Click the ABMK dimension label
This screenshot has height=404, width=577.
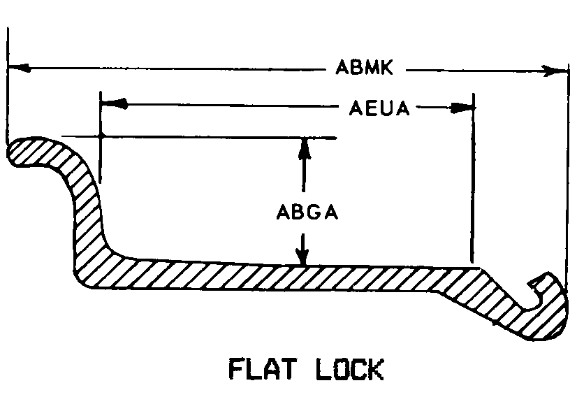pos(365,67)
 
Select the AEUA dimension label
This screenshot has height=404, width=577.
pos(379,108)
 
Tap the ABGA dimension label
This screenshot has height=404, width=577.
pos(307,212)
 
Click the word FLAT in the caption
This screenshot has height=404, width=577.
pos(263,368)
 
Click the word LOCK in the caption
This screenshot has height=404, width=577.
pos(350,368)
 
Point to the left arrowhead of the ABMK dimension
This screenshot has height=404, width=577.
pos(18,68)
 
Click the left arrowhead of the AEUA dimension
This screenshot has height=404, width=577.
pos(114,103)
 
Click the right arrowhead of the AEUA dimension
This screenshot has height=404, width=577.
pos(462,107)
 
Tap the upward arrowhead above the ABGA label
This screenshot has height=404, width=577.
pos(304,149)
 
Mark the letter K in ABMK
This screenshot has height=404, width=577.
pos(386,67)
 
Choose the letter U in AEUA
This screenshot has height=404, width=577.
pos(387,108)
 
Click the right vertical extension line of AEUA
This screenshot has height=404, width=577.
pos(473,179)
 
